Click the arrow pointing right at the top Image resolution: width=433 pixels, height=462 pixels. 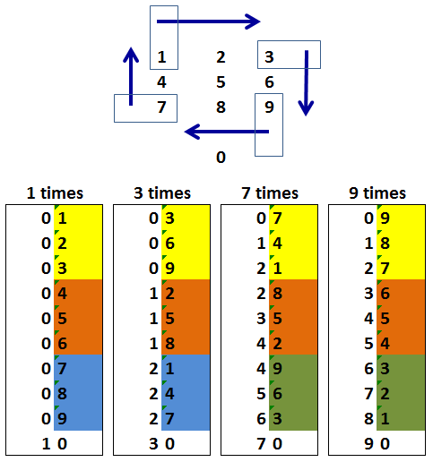(208, 21)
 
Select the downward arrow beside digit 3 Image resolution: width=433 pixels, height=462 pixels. (306, 83)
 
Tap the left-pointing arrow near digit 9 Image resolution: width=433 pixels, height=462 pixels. (227, 132)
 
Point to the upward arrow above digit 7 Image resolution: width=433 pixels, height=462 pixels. (131, 76)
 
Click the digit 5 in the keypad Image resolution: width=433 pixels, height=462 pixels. (221, 82)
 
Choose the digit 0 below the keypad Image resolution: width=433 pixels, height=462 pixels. (221, 158)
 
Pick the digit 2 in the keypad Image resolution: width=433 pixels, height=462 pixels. (221, 57)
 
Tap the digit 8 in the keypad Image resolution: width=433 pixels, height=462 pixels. (221, 107)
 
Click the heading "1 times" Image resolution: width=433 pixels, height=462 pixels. (55, 193)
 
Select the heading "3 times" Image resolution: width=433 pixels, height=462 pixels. (162, 193)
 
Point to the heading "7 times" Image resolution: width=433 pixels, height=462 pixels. (270, 193)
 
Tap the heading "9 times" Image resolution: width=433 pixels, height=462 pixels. (377, 193)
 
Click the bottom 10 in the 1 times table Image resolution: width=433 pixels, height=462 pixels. (55, 444)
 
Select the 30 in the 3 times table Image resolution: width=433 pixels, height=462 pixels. (161, 444)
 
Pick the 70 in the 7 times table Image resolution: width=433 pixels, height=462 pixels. (269, 444)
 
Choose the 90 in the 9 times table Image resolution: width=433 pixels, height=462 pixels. (377, 444)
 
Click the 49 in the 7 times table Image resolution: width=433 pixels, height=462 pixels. (269, 369)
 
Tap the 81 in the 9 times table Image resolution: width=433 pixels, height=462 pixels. (377, 419)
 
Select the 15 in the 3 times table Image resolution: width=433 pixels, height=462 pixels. (161, 319)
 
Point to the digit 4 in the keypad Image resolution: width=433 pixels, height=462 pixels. (161, 82)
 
